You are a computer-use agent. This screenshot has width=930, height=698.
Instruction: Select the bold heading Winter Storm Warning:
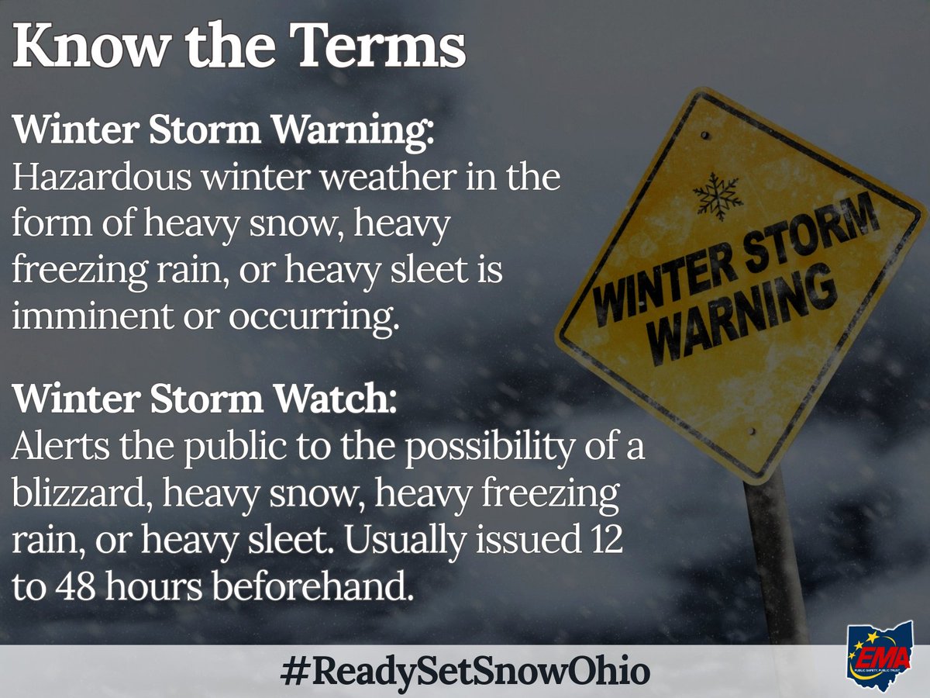pyautogui.click(x=225, y=130)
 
